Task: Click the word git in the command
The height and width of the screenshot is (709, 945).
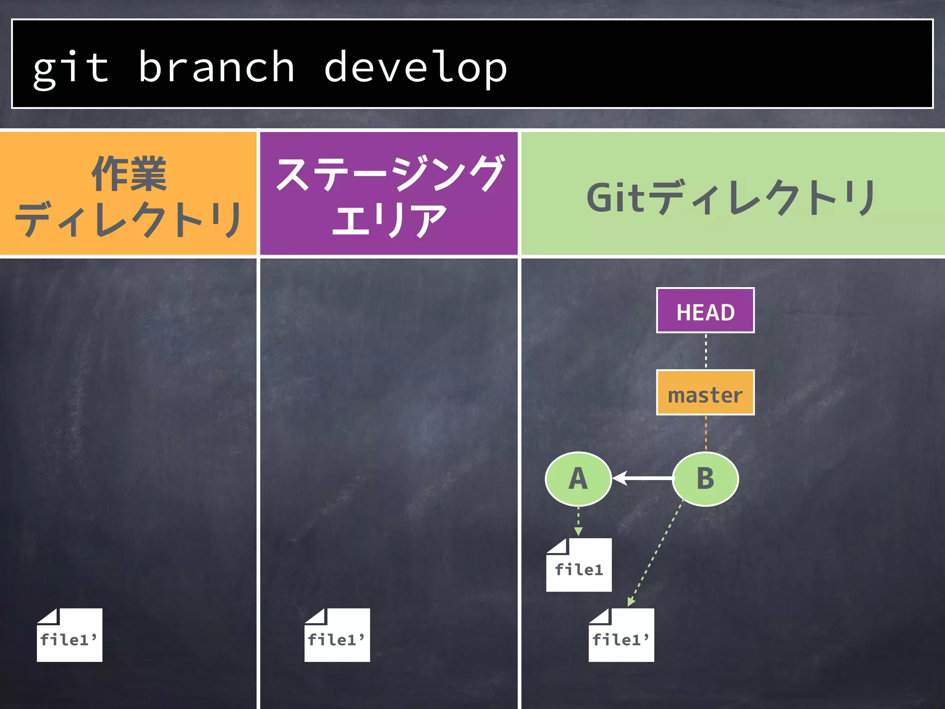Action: tap(71, 68)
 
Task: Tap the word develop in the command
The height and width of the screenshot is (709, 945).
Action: tap(415, 68)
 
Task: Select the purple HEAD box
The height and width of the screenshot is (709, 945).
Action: tap(705, 310)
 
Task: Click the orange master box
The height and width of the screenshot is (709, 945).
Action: tap(705, 393)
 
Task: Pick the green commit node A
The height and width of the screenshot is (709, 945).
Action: tap(578, 479)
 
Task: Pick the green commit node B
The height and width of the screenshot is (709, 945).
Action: tap(705, 479)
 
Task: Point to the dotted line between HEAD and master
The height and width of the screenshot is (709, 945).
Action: tap(706, 351)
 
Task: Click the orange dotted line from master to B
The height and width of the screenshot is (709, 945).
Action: tap(706, 433)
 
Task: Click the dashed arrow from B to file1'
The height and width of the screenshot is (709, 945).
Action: tap(656, 554)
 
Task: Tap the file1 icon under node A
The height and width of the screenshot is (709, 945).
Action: tap(579, 565)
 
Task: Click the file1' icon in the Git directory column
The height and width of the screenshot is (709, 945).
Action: tap(621, 636)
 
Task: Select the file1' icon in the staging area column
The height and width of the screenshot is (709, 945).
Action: tap(337, 636)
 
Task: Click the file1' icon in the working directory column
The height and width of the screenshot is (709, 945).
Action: tap(69, 636)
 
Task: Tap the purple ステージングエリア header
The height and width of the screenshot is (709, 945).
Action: tap(389, 194)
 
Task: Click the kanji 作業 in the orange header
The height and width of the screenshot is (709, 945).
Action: tap(129, 174)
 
